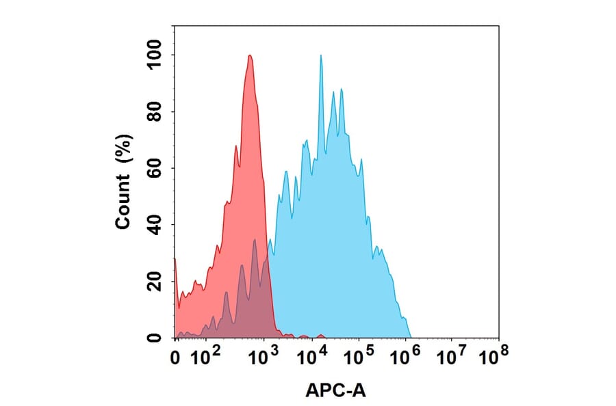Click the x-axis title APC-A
pyautogui.click(x=335, y=391)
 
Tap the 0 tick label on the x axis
pyautogui.click(x=175, y=355)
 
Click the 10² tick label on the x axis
pyautogui.click(x=205, y=354)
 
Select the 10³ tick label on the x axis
pyautogui.click(x=264, y=354)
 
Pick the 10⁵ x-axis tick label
pyautogui.click(x=359, y=354)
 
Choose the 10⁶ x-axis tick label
pyautogui.click(x=406, y=354)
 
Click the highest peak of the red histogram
pyautogui.click(x=250, y=55)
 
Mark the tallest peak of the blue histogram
pyautogui.click(x=320, y=55)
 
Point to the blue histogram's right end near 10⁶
pyautogui.click(x=410, y=336)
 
